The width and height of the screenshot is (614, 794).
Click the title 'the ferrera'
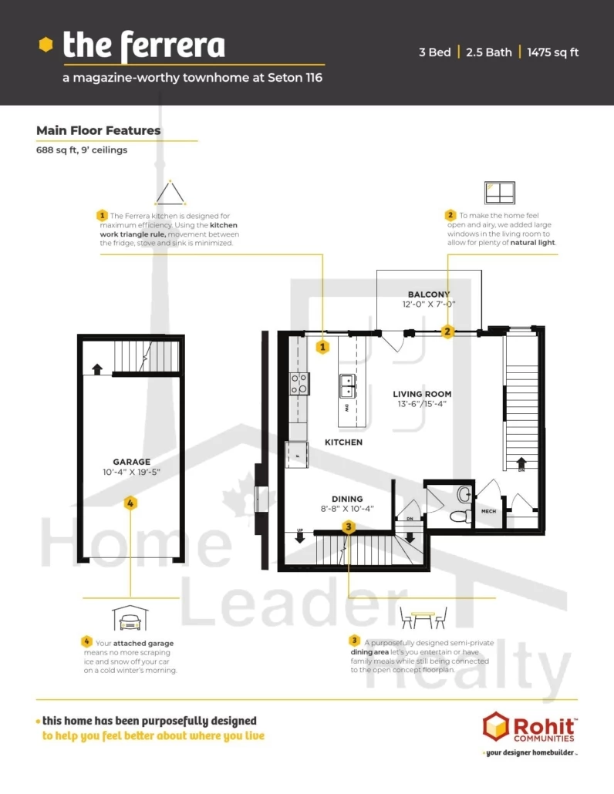143,46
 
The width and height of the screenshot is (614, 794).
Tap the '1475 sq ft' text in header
552,52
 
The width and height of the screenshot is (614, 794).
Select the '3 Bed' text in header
434,52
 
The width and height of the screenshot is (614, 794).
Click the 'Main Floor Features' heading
99,130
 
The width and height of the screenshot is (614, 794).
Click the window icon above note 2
499,192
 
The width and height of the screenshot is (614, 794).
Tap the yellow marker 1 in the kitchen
322,347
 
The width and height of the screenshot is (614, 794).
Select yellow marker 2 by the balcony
447,332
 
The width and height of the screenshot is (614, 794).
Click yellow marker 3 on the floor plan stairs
349,527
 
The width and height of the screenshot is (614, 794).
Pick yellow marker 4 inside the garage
130,503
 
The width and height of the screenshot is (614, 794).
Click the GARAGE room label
130,461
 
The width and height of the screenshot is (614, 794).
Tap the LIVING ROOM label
421,394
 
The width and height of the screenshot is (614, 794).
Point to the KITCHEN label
343,442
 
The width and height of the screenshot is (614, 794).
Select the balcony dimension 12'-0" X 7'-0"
429,304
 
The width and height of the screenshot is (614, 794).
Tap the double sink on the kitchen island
347,385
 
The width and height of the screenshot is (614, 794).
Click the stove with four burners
299,383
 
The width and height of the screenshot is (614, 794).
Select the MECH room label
488,511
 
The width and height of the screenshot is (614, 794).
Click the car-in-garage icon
130,617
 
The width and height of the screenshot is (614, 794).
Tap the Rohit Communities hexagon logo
496,728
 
